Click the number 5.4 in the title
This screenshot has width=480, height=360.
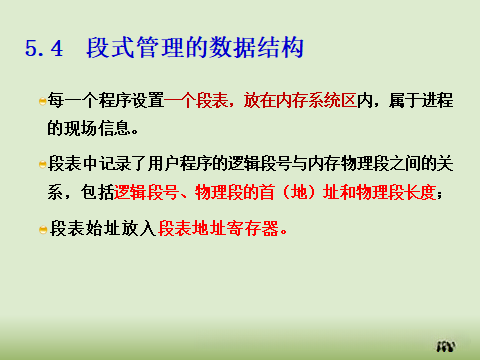(44, 48)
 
